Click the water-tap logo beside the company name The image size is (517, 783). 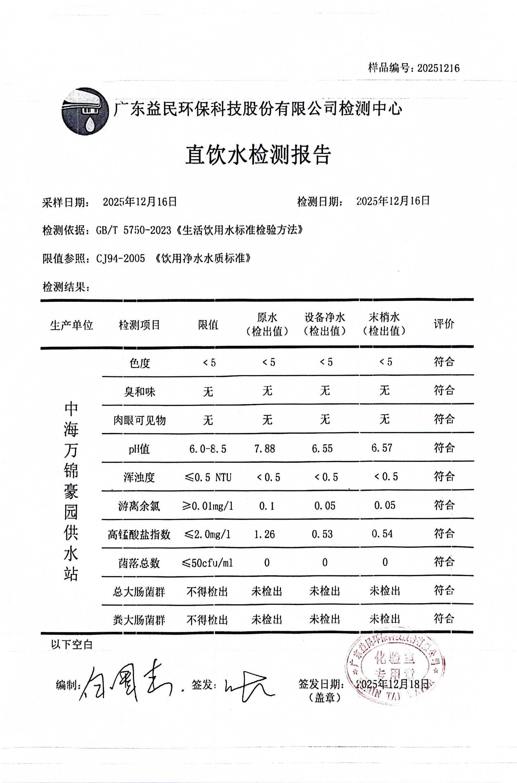pos(85,111)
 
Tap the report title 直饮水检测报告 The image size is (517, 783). pos(258,155)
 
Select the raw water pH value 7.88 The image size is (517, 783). pos(264,448)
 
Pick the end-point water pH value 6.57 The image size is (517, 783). pos(382,448)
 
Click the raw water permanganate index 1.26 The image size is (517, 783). pos(264,534)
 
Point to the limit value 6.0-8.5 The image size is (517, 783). pos(208,449)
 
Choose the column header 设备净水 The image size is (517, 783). pos(325,317)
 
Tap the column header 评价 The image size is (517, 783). pos(444,324)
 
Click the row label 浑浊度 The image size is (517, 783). pos(139,477)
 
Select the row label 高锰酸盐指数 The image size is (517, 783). pos(139,534)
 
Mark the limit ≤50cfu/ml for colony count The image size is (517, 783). pos(208,563)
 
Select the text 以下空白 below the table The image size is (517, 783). pos(72,644)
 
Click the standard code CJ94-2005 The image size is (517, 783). pos(121,258)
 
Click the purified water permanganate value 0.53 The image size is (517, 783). pos(322,534)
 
